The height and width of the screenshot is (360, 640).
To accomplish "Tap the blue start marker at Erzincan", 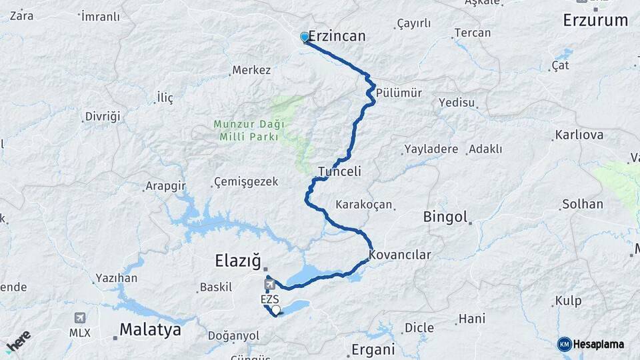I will tap(305, 37).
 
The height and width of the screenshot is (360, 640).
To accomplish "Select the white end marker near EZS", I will tap(276, 309).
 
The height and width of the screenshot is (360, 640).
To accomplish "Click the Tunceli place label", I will tap(339, 171).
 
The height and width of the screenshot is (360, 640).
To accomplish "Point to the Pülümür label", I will tap(399, 93).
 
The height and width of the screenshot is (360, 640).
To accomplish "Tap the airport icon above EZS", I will tap(269, 285).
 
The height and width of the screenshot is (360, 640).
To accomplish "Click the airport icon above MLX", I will tap(79, 318).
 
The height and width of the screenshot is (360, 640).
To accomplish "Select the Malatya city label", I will tap(150, 329).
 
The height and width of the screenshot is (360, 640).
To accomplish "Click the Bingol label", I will tap(445, 217).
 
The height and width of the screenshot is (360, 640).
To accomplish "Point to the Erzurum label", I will tap(595, 20).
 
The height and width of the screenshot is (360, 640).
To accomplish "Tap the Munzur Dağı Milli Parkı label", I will tap(249, 130).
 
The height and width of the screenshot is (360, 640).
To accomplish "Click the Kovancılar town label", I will tap(400, 255).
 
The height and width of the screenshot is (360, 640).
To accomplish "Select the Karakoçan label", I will tap(364, 205).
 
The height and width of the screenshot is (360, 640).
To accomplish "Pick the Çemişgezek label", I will tap(245, 182).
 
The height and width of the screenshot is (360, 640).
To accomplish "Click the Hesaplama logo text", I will tap(599, 344).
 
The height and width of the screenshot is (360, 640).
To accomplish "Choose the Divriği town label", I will tap(103, 117).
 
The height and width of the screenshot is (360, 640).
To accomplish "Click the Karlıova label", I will tap(579, 135).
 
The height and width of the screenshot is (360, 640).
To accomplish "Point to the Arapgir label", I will tap(165, 186).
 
